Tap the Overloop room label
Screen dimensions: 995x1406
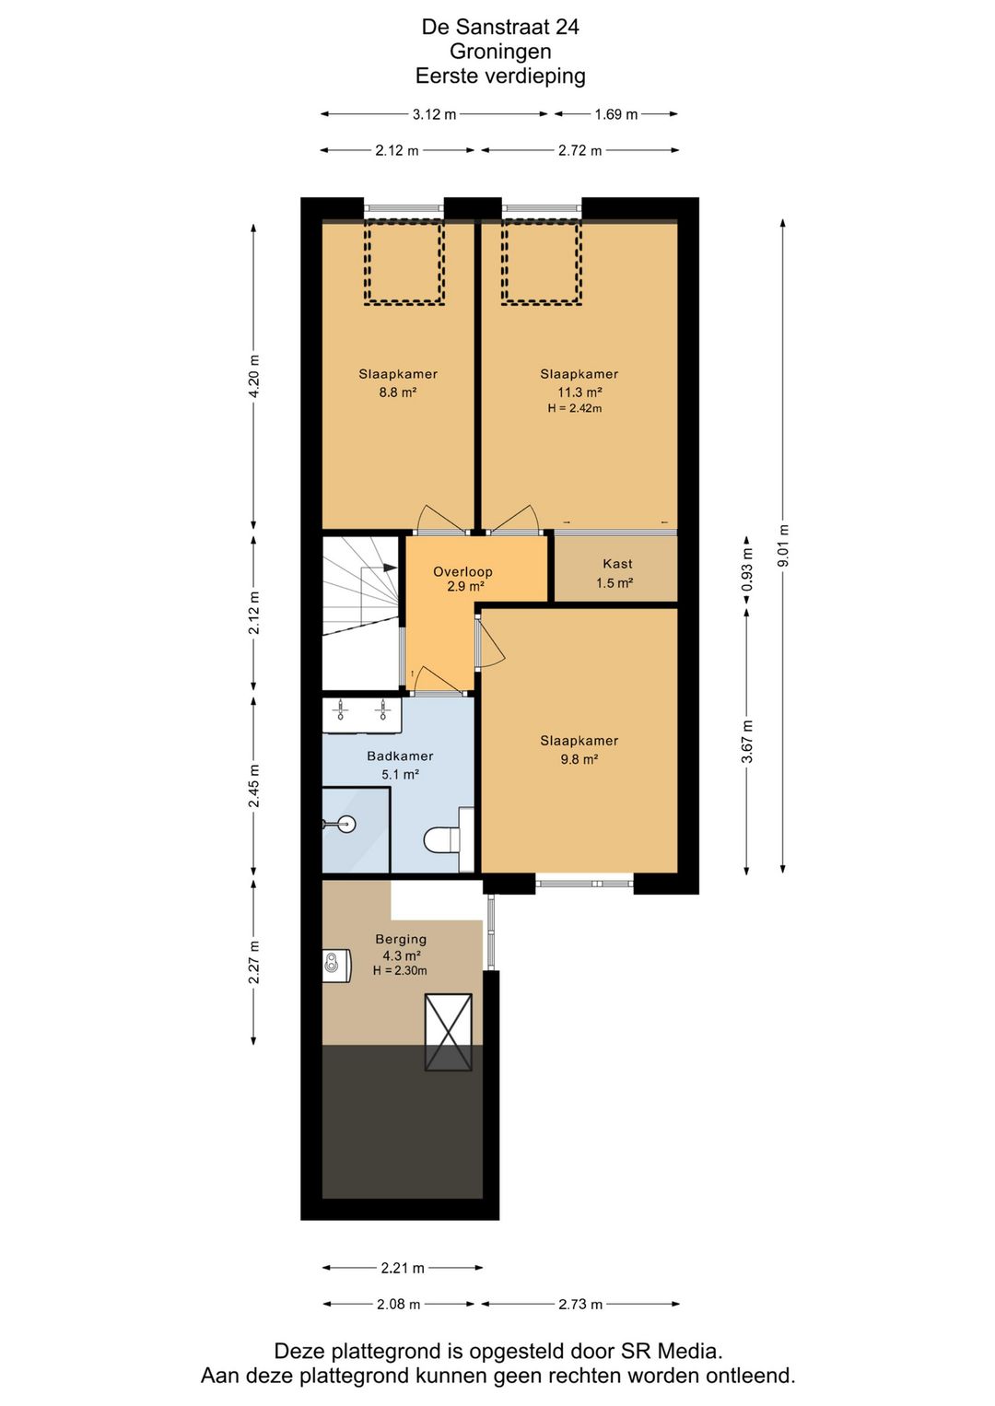tap(462, 572)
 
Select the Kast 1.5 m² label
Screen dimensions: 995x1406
tap(615, 573)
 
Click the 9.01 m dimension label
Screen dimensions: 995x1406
tap(783, 545)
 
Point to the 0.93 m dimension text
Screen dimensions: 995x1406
tap(747, 570)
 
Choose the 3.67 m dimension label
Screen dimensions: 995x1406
tap(747, 741)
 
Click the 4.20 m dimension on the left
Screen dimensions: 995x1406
tap(253, 376)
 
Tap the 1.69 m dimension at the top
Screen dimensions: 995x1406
tap(615, 114)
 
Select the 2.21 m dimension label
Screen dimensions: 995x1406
tap(403, 1268)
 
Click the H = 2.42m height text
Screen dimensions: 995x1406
tap(574, 408)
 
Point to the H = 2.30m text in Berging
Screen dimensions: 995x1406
tap(400, 970)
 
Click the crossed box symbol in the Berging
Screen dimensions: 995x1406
tap(449, 1032)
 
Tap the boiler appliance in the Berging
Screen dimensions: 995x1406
tap(336, 966)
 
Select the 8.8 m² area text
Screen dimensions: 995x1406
tap(398, 393)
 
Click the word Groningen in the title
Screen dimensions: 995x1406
tap(500, 52)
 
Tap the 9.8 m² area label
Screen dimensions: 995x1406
tap(579, 759)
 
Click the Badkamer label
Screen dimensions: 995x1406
tap(400, 756)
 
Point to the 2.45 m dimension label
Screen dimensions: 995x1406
tap(253, 786)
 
